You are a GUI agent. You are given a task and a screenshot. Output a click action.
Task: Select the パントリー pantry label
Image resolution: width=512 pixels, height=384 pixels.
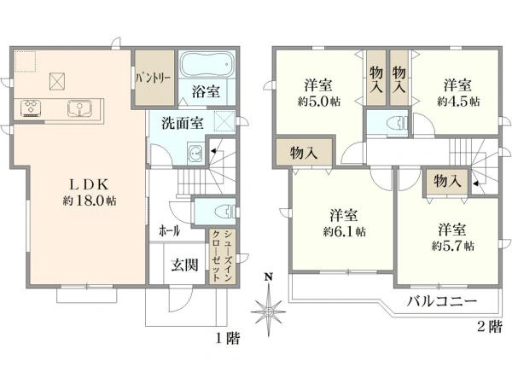[x=153, y=78]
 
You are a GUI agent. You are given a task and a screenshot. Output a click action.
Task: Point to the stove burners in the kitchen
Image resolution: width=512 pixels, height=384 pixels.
[x=32, y=108]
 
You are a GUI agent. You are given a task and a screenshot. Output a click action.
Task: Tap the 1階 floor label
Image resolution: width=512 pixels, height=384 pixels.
[x=227, y=338]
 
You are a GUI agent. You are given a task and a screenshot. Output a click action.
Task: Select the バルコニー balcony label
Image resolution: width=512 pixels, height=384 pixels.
[x=441, y=300]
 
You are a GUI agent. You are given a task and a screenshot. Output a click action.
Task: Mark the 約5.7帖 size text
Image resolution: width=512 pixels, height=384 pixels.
[x=453, y=245]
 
